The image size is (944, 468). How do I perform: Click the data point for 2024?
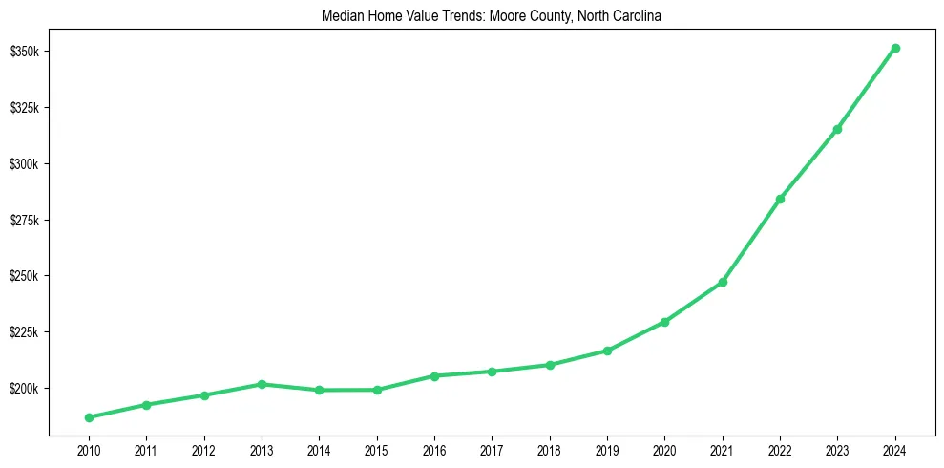pyautogui.click(x=895, y=48)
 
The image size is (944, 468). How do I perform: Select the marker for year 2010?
pyautogui.click(x=89, y=417)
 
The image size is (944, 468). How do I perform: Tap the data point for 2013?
pyautogui.click(x=262, y=384)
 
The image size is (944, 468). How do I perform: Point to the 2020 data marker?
pyautogui.click(x=664, y=322)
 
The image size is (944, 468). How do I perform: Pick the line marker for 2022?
pyautogui.click(x=780, y=199)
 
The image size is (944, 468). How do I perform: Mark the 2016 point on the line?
pyautogui.click(x=434, y=376)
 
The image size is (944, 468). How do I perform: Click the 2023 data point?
pyautogui.click(x=837, y=129)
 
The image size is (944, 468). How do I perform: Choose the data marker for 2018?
pyautogui.click(x=550, y=365)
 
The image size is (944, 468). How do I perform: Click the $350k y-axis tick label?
pyautogui.click(x=25, y=51)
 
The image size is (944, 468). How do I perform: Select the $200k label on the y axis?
pyautogui.click(x=25, y=389)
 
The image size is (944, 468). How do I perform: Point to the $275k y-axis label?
pyautogui.click(x=25, y=220)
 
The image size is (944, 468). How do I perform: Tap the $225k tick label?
pyautogui.click(x=25, y=332)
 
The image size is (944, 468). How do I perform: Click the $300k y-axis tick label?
pyautogui.click(x=25, y=163)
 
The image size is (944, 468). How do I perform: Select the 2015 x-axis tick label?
pyautogui.click(x=377, y=450)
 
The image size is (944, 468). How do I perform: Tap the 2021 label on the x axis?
pyautogui.click(x=723, y=450)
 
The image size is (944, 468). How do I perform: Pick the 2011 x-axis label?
pyautogui.click(x=146, y=450)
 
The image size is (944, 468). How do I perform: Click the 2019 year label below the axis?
pyautogui.click(x=607, y=450)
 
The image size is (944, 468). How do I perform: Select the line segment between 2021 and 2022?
pyautogui.click(x=751, y=241)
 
